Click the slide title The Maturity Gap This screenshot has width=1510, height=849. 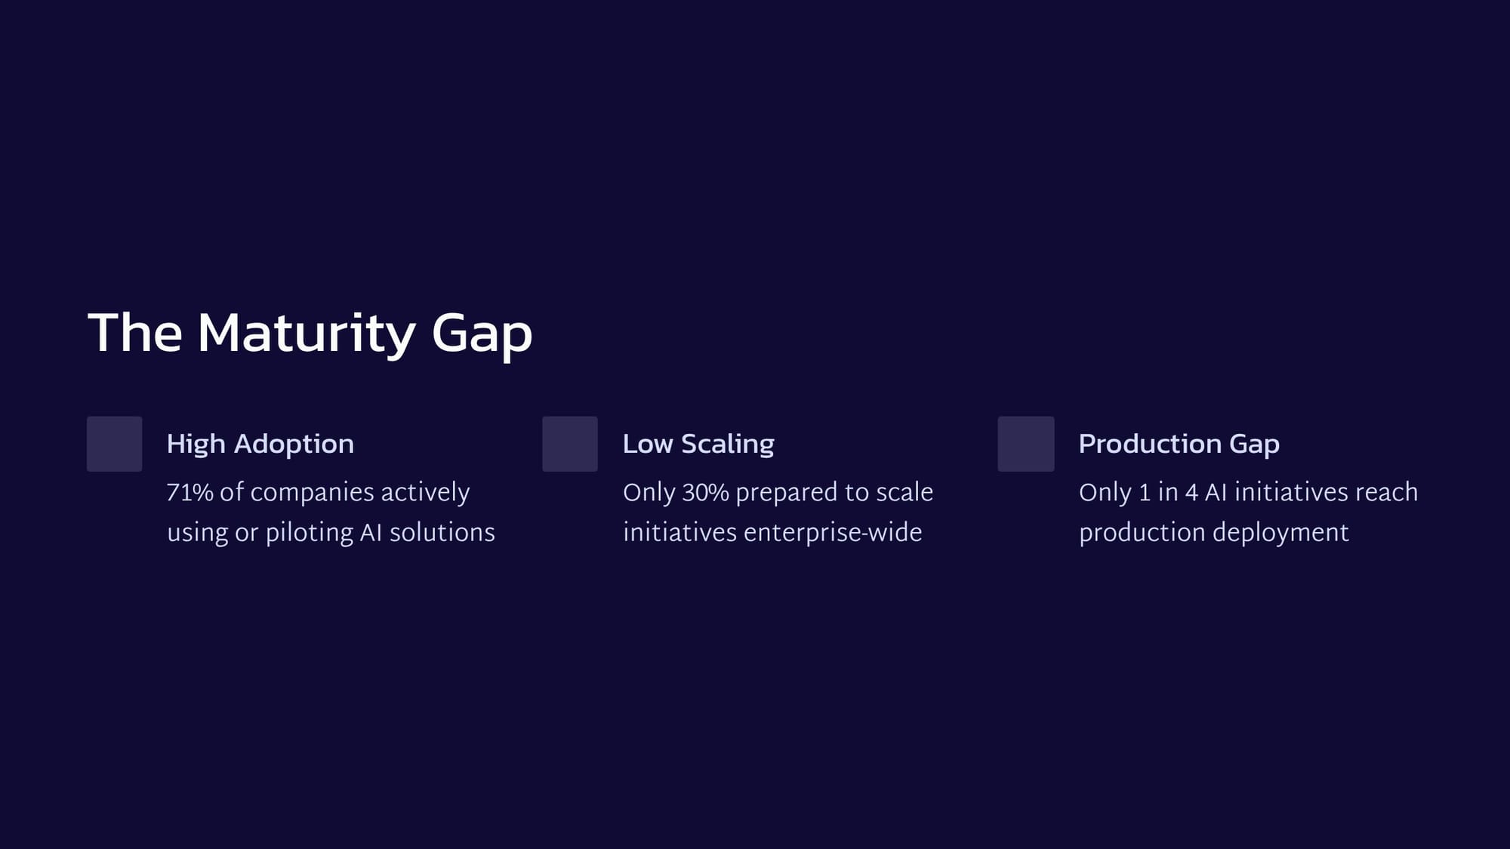coord(310,334)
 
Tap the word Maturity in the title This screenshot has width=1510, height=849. coord(307,334)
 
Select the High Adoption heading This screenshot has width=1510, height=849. coord(260,444)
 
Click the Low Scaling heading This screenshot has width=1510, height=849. coord(698,444)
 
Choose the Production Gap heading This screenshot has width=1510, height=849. coord(1179,444)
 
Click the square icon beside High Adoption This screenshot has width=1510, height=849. coord(115,444)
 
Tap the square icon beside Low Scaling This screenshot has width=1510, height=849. coord(570,444)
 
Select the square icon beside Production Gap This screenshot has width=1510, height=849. coord(1026,444)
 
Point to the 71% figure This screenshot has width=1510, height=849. coord(190,492)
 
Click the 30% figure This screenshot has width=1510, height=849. coord(706,492)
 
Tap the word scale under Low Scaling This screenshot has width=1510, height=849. coord(904,492)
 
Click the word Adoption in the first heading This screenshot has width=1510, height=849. coord(294,444)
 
